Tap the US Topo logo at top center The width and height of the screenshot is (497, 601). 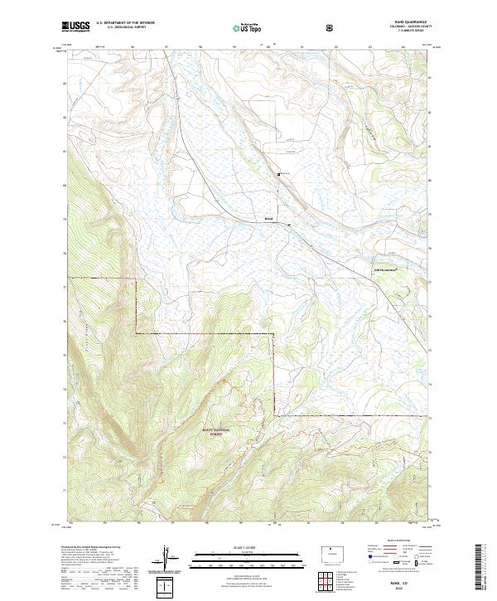(250, 27)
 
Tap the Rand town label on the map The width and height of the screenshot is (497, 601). (268, 219)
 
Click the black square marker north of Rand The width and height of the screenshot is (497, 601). (278, 173)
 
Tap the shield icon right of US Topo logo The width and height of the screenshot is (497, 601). (333, 27)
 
